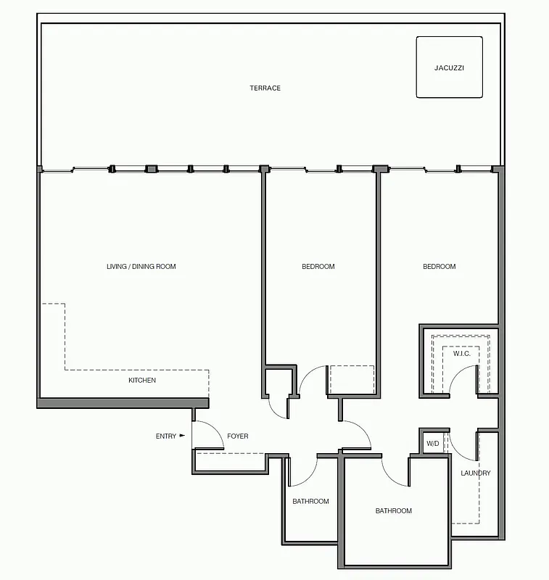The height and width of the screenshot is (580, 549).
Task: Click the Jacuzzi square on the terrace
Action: (449, 67)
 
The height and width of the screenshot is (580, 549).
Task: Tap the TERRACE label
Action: (265, 88)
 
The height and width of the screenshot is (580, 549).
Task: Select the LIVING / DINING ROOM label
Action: (141, 267)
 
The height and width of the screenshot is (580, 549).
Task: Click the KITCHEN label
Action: (142, 381)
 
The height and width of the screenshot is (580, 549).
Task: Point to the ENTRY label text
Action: (166, 436)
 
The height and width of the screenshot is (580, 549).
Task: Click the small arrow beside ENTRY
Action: (182, 436)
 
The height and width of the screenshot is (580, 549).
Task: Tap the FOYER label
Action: (238, 436)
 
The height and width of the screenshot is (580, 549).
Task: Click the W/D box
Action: (433, 443)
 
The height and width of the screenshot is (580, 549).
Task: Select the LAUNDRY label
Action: (476, 473)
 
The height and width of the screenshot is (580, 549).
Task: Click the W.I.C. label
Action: (462, 354)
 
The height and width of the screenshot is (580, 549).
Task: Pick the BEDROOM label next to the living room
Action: (318, 267)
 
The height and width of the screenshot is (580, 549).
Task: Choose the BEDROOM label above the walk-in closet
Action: (439, 267)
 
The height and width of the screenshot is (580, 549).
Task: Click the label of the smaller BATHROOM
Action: (310, 502)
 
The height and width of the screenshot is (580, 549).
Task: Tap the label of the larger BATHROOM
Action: (394, 511)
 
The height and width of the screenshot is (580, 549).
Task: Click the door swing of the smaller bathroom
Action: (305, 473)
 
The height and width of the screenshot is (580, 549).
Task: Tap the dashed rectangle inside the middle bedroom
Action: (352, 379)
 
